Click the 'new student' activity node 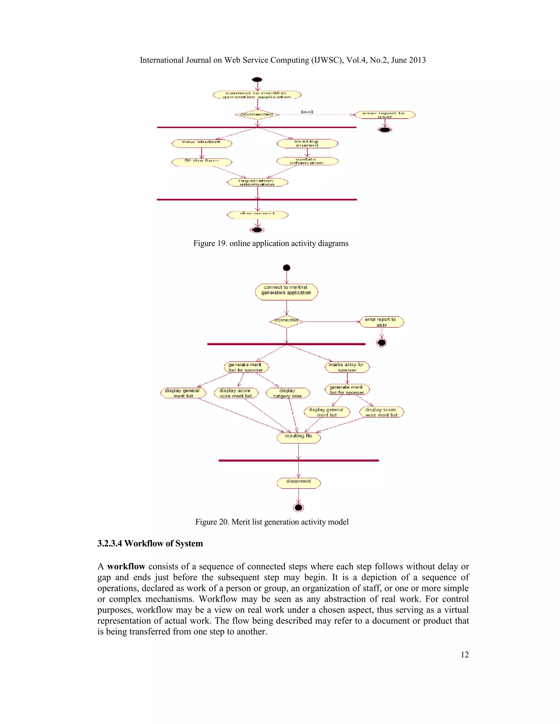coord(201,143)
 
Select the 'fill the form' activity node coord(201,162)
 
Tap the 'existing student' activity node coord(307,143)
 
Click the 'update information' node coord(307,161)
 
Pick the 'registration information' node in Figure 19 coord(257,182)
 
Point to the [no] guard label coord(307,112)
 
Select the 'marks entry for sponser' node coord(347,367)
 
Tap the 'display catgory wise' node coord(288,393)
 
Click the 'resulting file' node coord(299,437)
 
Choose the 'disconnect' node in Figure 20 coord(299,483)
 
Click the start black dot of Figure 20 coord(287,267)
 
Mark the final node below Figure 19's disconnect coord(257,230)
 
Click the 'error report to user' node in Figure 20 coord(381,322)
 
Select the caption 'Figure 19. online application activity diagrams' coord(271,243)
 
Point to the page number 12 coord(465,654)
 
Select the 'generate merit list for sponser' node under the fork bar coord(246,367)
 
